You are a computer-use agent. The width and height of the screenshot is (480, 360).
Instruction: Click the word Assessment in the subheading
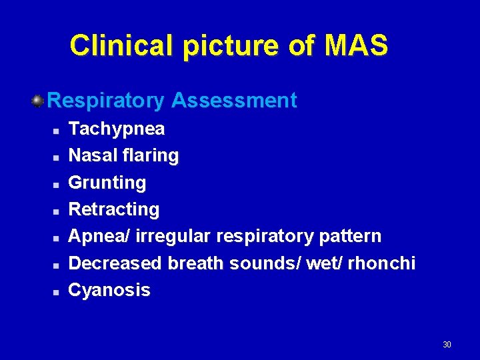234,101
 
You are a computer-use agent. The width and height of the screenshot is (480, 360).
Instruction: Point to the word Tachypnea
117,129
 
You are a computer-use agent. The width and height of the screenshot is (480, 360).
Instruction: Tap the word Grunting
107,183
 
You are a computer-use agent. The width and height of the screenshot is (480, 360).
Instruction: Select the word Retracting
114,209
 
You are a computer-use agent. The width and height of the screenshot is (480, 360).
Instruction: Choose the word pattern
351,236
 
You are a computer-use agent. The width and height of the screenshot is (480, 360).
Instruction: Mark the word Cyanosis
110,290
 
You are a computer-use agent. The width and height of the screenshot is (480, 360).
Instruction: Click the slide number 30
447,345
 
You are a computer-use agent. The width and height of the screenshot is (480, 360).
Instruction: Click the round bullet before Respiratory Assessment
38,101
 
